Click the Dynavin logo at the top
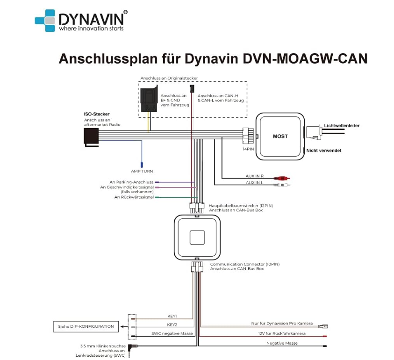79,21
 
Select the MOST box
280,137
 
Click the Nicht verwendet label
323,151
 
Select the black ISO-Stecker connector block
91,136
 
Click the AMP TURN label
142,171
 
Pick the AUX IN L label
254,183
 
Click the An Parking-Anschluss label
131,182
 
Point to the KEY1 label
172,317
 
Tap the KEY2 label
172,324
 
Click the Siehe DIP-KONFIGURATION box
86,326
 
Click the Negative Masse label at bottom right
282,343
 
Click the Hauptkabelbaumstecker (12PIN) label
241,205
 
